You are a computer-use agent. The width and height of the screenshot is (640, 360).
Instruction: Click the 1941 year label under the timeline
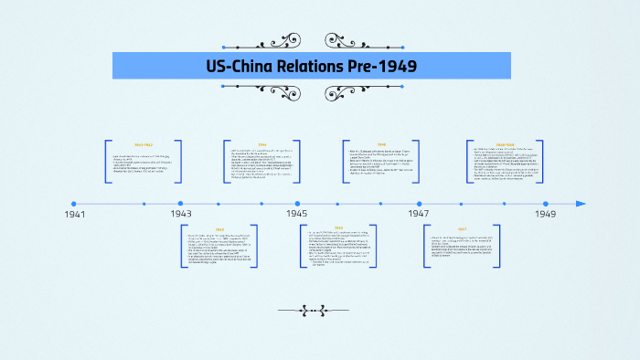[75, 214]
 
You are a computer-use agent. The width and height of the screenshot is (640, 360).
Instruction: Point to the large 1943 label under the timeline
[180, 214]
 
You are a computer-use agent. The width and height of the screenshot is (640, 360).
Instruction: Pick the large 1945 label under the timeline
[297, 214]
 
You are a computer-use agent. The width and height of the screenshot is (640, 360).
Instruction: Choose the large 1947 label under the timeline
[419, 214]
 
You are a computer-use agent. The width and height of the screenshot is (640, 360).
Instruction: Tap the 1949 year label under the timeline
[546, 214]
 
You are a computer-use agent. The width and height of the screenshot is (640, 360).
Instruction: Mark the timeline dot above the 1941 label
[73, 204]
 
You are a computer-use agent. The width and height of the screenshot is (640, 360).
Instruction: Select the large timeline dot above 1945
[297, 204]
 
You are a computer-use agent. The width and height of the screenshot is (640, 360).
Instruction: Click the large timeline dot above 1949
[546, 204]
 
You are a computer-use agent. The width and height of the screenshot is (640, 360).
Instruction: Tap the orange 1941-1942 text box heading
[144, 144]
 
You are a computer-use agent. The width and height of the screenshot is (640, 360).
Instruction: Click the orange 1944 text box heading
[261, 144]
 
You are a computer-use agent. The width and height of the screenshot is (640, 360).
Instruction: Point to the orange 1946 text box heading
[381, 144]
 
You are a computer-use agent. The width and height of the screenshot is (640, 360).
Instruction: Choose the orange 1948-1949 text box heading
[505, 144]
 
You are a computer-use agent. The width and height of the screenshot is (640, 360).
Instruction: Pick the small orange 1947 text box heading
[462, 229]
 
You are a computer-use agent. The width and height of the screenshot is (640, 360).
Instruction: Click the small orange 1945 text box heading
[337, 228]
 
